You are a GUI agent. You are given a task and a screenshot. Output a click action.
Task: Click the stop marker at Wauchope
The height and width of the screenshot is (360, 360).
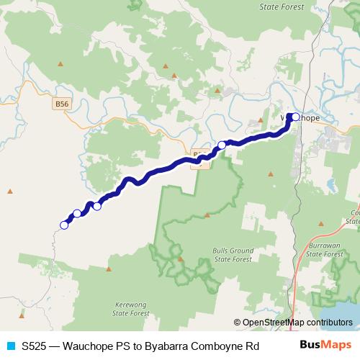pos(295,117)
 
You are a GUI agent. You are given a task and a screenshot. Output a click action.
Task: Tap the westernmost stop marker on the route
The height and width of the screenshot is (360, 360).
pos(64,225)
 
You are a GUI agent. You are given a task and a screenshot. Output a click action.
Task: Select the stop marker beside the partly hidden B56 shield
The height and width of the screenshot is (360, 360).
pos(222,145)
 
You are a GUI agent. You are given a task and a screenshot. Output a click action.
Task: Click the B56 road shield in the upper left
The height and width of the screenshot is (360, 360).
pos(63,104)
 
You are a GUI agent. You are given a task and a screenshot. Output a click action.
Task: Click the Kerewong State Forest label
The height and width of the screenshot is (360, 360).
pos(133,309)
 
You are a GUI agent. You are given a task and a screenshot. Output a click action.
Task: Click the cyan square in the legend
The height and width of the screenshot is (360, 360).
pos(10,345)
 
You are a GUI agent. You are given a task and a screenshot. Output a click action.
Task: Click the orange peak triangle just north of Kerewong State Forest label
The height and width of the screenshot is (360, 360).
pos(108,269)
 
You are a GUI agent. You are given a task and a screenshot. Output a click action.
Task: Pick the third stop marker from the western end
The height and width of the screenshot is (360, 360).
pos(97,207)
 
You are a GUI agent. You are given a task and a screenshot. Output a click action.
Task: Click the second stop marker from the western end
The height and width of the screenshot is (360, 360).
pos(77,214)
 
